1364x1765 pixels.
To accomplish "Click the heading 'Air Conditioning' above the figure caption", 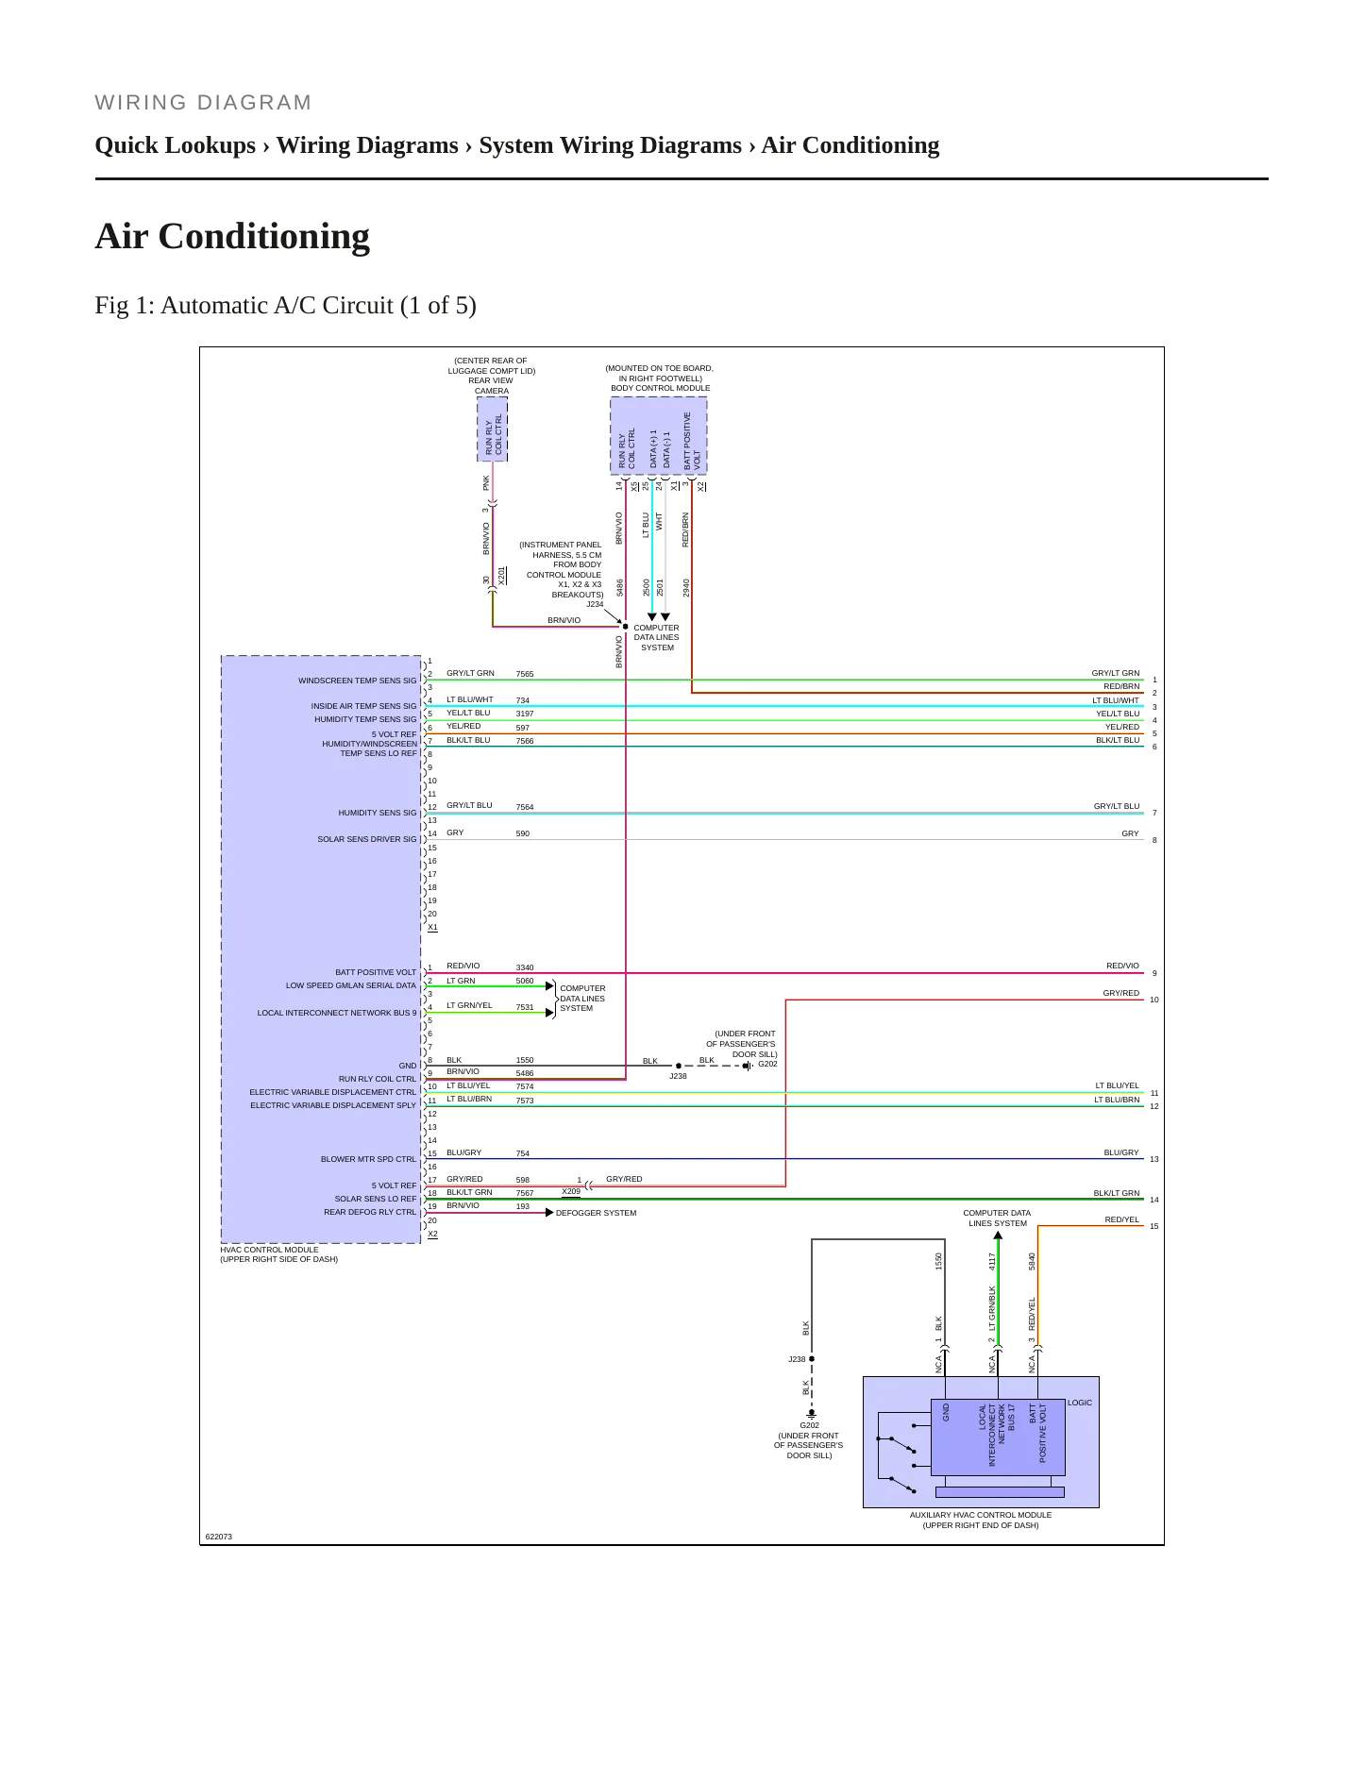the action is click(x=232, y=236).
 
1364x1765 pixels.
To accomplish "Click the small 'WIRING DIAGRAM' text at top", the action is click(x=203, y=103).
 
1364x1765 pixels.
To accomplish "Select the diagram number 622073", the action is click(x=219, y=1537).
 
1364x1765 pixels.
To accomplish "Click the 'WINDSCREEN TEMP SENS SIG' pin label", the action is click(x=357, y=681).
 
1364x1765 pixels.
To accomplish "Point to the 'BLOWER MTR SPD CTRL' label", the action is click(x=368, y=1159).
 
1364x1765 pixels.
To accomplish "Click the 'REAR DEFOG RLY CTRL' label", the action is click(x=370, y=1212).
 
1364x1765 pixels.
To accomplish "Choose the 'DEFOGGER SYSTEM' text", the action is click(x=596, y=1213).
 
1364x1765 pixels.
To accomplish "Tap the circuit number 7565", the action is click(x=525, y=674).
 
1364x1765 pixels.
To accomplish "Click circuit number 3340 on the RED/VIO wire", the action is click(x=525, y=967).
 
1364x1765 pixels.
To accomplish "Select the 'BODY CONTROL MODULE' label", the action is click(x=660, y=388).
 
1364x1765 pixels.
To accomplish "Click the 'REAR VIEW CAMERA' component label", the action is click(x=491, y=385).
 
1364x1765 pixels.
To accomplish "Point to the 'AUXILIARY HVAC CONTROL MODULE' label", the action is click(x=981, y=1515).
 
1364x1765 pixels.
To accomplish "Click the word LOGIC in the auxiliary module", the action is click(x=1080, y=1403).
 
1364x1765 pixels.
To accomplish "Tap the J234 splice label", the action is click(x=595, y=604).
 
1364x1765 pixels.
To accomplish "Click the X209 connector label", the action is click(x=571, y=1191).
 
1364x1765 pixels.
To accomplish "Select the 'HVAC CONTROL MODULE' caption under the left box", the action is click(x=269, y=1250).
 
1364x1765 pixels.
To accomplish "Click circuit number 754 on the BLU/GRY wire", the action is click(x=523, y=1153).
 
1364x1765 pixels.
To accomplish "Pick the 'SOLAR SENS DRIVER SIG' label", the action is click(x=366, y=839).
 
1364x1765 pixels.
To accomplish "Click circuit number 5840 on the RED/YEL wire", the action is click(x=1033, y=1261).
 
